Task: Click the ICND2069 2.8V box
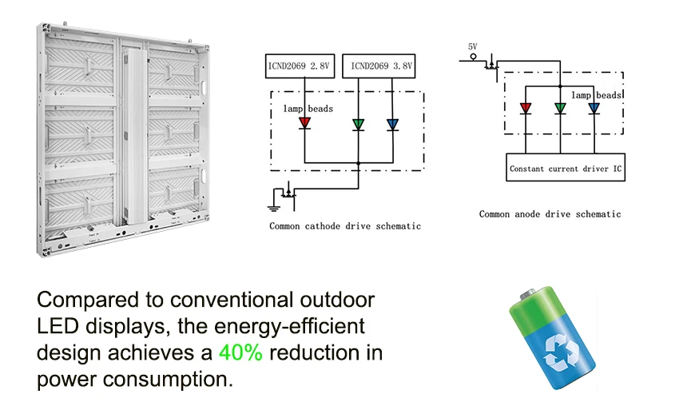pyautogui.click(x=300, y=67)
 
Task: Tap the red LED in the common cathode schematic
pyautogui.click(x=304, y=123)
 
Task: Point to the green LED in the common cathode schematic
pyautogui.click(x=358, y=123)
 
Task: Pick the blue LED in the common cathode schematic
pyautogui.click(x=392, y=123)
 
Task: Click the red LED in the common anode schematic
pyautogui.click(x=526, y=108)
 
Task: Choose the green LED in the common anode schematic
pyautogui.click(x=560, y=108)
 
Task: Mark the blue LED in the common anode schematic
pyautogui.click(x=594, y=108)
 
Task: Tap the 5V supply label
pyautogui.click(x=472, y=47)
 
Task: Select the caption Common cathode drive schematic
pyautogui.click(x=344, y=226)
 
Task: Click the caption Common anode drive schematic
pyautogui.click(x=550, y=213)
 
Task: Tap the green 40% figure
pyautogui.click(x=240, y=352)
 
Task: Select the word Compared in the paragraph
pyautogui.click(x=82, y=301)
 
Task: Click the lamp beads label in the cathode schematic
pyautogui.click(x=308, y=108)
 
